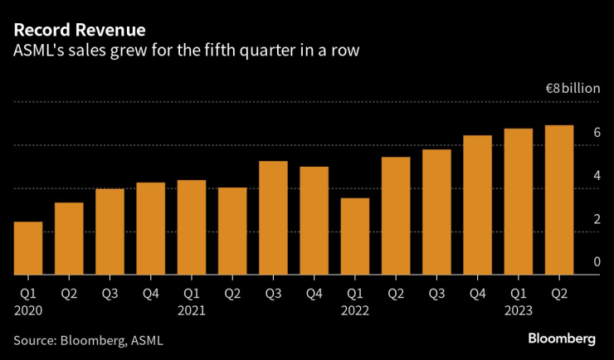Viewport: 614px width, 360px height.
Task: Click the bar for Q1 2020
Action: [28, 248]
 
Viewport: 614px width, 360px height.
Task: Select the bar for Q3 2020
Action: [110, 231]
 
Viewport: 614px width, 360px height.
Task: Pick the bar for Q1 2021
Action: [191, 227]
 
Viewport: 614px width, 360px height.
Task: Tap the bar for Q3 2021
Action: [273, 217]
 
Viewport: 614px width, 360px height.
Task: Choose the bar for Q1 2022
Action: [354, 236]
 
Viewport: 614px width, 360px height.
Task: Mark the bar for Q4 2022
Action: [477, 205]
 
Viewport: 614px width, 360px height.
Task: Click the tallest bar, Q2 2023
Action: [558, 200]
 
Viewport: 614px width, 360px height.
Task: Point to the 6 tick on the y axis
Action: [597, 133]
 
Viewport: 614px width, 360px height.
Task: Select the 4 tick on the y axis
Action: [597, 176]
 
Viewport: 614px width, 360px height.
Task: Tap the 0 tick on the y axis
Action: [597, 262]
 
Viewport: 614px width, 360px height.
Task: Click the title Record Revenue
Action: [80, 30]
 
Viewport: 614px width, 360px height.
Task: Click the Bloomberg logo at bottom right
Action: [562, 338]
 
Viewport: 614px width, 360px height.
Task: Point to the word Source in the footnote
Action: [33, 340]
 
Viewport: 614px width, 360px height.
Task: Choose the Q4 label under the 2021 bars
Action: [314, 293]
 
